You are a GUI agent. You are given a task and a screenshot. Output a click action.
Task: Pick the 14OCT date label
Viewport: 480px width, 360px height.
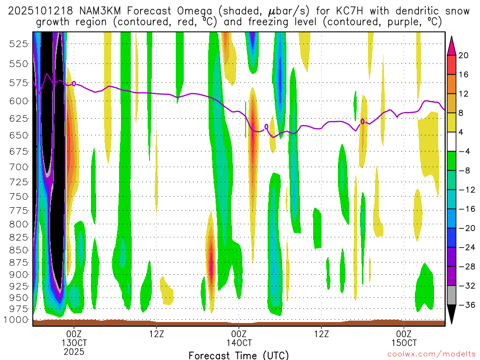coord(239,343)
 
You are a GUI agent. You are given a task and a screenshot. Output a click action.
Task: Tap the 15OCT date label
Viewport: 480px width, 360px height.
coord(404,343)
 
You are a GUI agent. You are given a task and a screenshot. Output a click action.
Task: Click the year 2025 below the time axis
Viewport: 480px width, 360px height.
coord(74,351)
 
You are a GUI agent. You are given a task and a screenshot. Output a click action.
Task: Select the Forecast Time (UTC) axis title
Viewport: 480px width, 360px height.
coord(239,355)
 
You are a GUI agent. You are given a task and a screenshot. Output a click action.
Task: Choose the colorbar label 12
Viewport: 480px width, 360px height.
coord(464,94)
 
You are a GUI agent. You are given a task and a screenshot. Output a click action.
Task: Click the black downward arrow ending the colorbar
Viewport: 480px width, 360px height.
coord(451,314)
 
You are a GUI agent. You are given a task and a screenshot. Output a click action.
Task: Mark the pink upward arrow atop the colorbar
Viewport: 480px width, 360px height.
coord(451,44)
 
